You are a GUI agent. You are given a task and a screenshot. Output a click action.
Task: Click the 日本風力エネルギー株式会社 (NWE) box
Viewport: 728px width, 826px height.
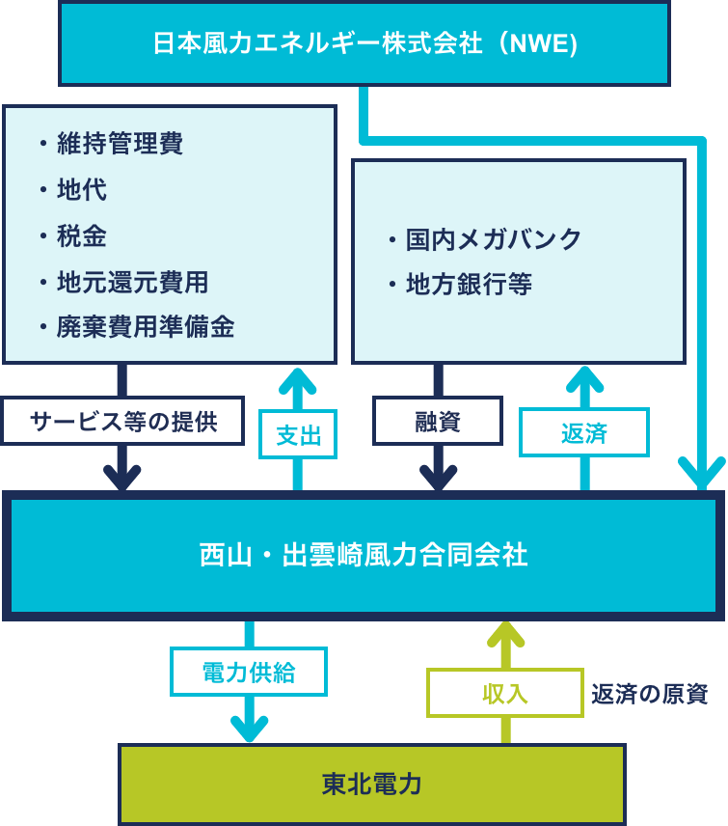coord(364,44)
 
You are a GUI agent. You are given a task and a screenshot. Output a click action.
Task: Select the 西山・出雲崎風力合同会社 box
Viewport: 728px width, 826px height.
coord(364,556)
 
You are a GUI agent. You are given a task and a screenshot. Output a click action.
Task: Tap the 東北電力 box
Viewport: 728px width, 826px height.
coord(372,784)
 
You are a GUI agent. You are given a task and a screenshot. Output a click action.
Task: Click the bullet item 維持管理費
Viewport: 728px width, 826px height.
coord(120,144)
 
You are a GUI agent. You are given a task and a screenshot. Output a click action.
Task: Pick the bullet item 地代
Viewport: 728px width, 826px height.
coord(82,190)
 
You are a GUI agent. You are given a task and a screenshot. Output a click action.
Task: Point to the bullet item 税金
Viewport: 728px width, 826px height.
coord(82,236)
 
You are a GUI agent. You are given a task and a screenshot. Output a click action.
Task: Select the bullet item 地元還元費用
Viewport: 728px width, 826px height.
coord(132,283)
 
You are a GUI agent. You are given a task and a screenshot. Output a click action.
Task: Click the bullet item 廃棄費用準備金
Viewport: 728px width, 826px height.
coord(145,327)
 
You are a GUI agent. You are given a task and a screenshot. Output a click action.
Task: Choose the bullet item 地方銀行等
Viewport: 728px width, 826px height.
coord(469,285)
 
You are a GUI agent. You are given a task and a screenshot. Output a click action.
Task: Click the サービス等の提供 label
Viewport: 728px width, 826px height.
coord(122,422)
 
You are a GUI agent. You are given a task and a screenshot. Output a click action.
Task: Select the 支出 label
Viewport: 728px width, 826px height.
coord(298,434)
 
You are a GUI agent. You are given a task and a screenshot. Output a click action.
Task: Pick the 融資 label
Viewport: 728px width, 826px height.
coord(438,422)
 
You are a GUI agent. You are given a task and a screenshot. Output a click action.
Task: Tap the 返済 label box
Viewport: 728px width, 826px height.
coord(584,432)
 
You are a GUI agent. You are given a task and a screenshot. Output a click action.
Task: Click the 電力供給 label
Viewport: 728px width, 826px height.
coord(249,672)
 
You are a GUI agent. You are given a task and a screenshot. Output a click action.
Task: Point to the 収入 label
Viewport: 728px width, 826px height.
coord(504,693)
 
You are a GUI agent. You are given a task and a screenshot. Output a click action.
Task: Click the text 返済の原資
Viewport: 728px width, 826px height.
coord(650,694)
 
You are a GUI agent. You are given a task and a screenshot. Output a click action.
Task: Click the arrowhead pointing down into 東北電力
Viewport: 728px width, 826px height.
coord(249,729)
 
